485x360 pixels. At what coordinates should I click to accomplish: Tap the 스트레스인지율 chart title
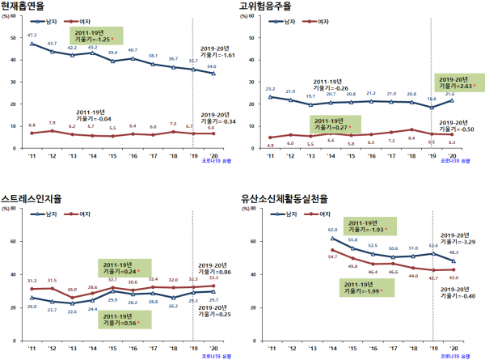point(35,196)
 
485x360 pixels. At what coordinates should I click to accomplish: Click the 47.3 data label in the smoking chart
point(32,36)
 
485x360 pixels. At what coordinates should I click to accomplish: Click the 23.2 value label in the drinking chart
point(270,89)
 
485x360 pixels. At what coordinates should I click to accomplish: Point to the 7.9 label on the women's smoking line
point(53,123)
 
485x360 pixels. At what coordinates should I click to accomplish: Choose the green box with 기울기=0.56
point(121,320)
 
